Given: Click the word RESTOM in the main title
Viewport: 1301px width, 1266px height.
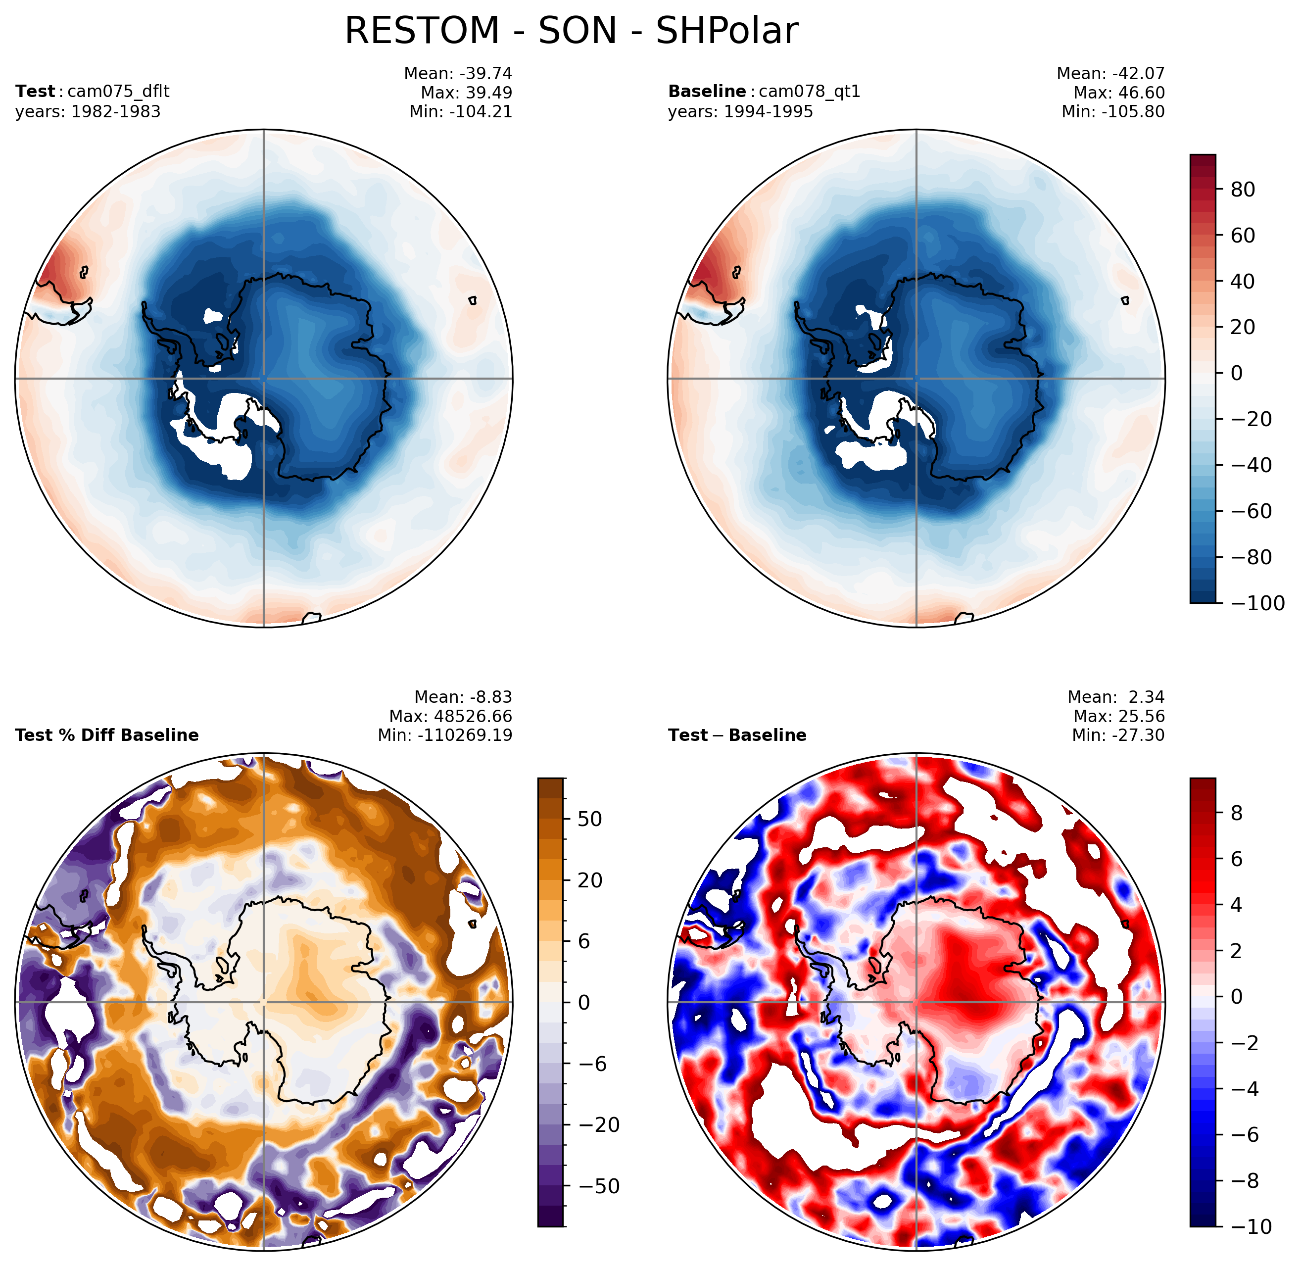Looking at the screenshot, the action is (422, 31).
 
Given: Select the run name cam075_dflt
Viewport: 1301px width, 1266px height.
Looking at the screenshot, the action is (118, 92).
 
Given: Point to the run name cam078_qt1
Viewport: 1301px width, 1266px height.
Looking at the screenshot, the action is (809, 92).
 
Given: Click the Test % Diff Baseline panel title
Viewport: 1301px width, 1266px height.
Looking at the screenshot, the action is (107, 735).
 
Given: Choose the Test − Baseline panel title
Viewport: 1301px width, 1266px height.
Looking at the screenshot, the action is (737, 735).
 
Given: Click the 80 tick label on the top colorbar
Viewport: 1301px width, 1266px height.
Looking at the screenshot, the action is (1243, 190).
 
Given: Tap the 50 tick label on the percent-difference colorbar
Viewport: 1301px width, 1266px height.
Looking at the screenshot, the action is (590, 819).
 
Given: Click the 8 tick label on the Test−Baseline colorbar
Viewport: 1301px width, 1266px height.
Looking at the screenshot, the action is (1237, 813).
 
